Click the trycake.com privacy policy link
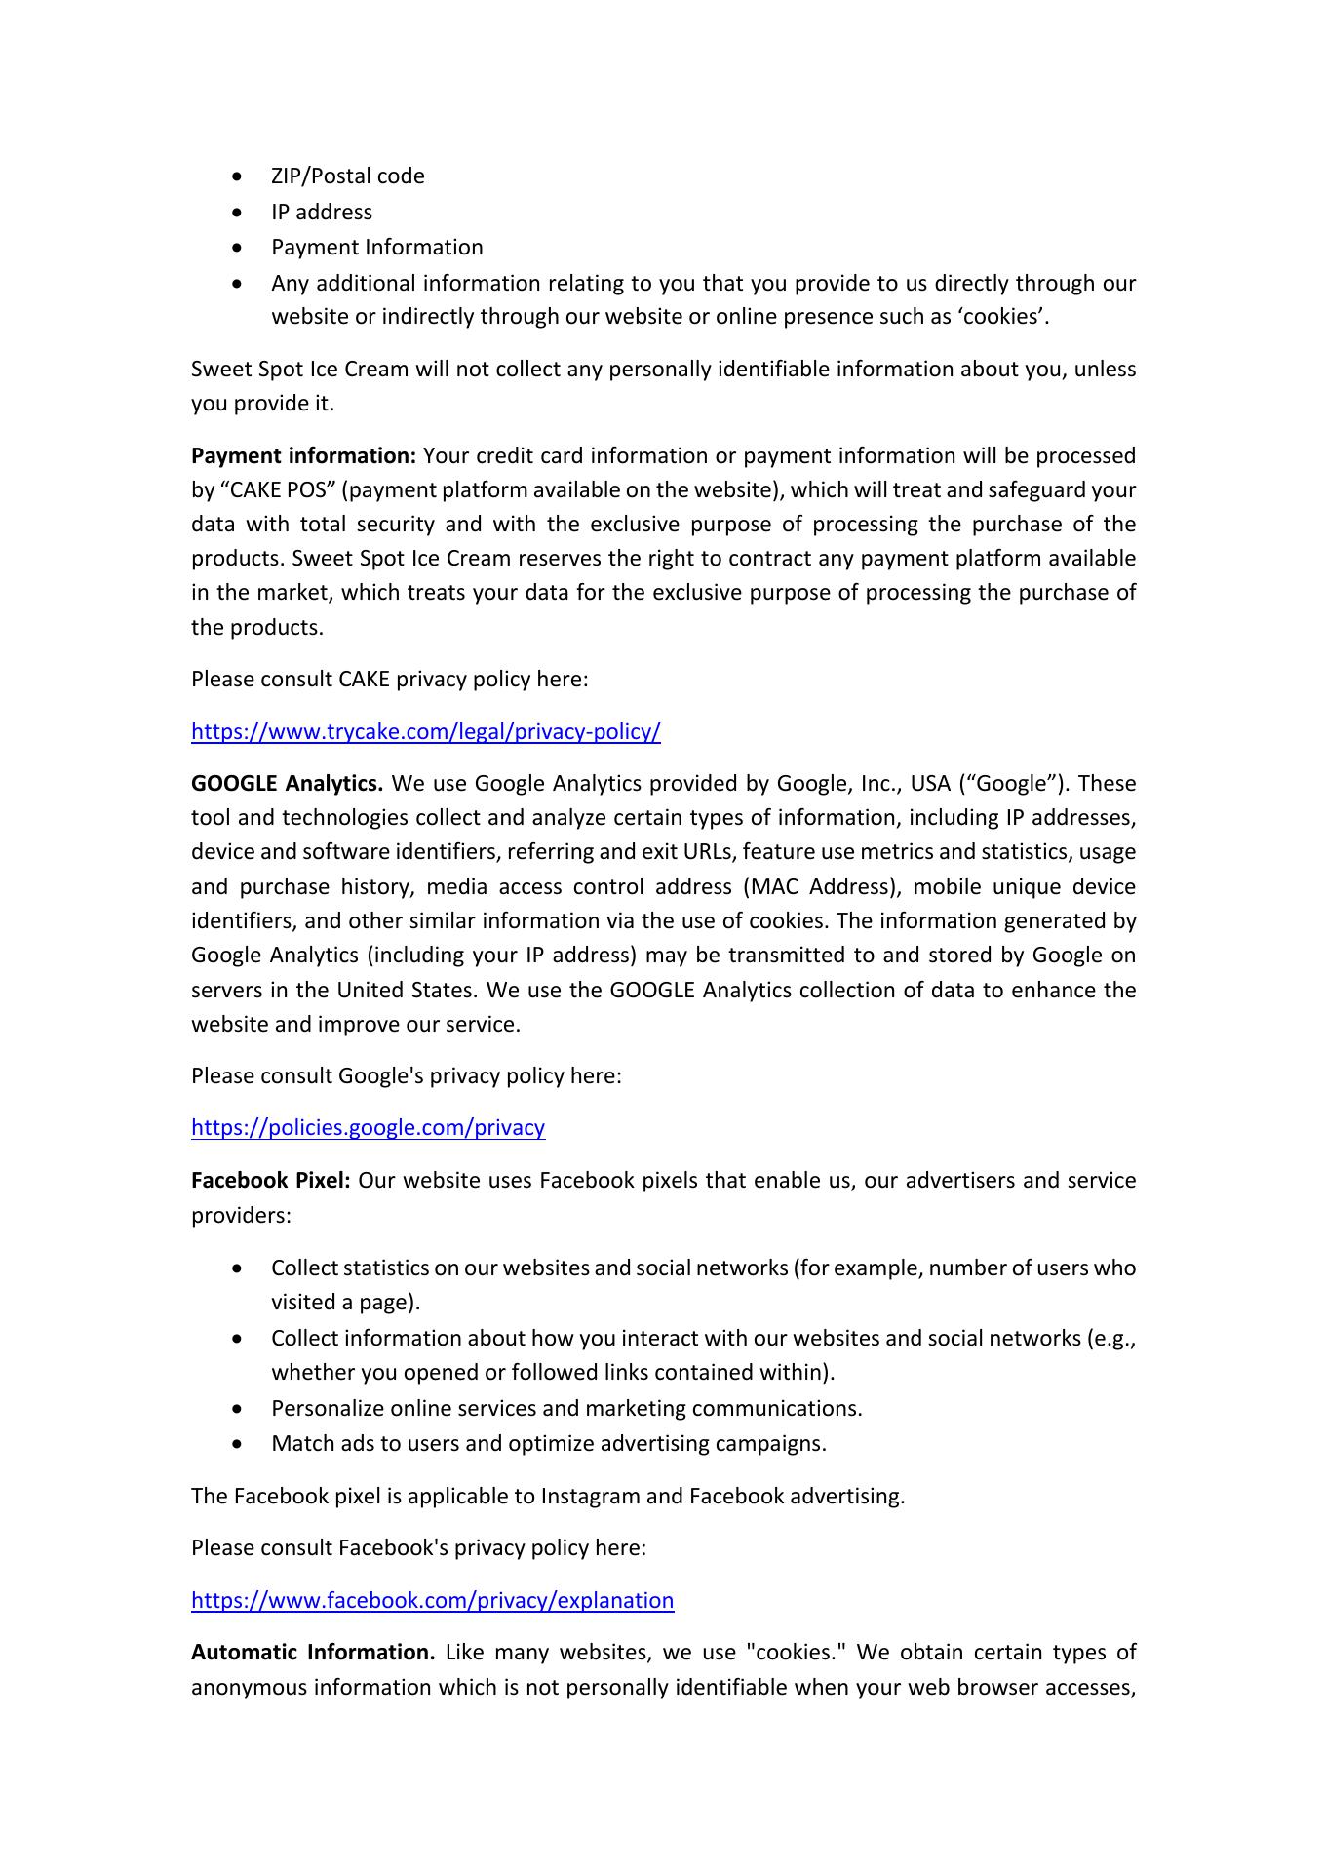(425, 731)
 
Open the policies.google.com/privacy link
(368, 1128)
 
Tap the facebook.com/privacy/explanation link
(432, 1600)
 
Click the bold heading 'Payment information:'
(304, 456)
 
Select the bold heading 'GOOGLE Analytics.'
(288, 784)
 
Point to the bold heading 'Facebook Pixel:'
(270, 1181)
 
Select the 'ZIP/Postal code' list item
(347, 176)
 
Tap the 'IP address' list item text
(321, 213)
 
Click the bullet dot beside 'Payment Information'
(239, 248)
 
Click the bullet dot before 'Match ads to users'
(239, 1444)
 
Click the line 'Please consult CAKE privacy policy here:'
(389, 680)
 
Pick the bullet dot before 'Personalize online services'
(239, 1409)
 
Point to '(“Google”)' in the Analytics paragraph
(1014, 784)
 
